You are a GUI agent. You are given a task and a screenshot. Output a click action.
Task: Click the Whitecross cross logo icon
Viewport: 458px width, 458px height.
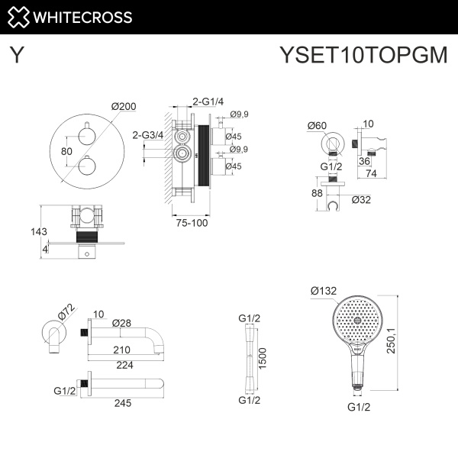[21, 17]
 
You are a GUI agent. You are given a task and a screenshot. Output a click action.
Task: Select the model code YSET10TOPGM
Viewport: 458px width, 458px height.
[363, 56]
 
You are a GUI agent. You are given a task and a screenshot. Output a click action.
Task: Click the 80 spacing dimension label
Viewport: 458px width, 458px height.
[66, 151]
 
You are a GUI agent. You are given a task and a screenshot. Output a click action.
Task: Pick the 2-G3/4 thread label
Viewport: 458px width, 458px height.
[148, 134]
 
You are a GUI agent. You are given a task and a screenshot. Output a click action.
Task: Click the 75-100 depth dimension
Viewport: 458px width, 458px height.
[189, 224]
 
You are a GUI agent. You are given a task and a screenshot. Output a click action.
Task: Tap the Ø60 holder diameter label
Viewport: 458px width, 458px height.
[317, 125]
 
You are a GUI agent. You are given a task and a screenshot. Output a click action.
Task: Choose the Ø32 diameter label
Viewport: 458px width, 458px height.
[363, 200]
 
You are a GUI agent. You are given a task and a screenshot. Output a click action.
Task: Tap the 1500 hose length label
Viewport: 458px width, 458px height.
[263, 357]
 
